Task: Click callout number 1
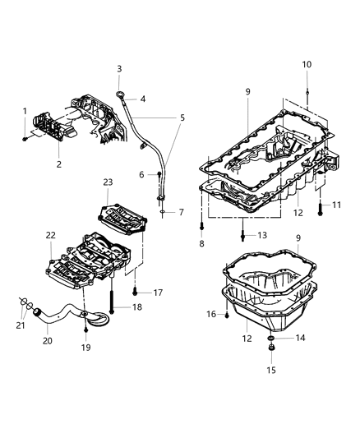pos(25,111)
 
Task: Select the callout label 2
pos(58,165)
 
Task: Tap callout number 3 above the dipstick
pos(118,69)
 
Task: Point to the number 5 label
pos(181,118)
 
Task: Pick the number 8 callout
pos(202,245)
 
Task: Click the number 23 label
pos(107,182)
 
